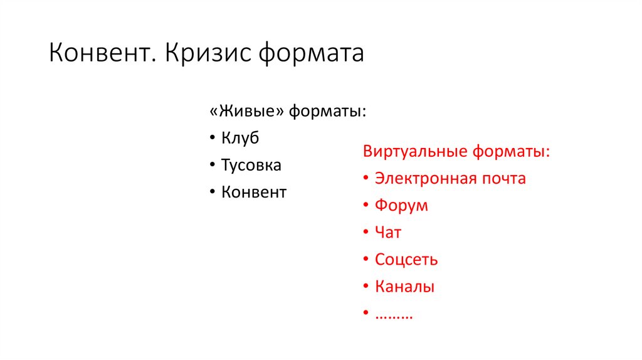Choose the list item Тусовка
coord(251,166)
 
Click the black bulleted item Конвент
coord(254,193)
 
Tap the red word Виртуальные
coord(416,152)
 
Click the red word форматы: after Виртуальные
coord(512,152)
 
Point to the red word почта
coord(502,179)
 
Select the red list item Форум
coord(401,206)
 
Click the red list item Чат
coord(388,233)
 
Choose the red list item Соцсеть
coord(406,260)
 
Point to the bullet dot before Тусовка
coord(213,166)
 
